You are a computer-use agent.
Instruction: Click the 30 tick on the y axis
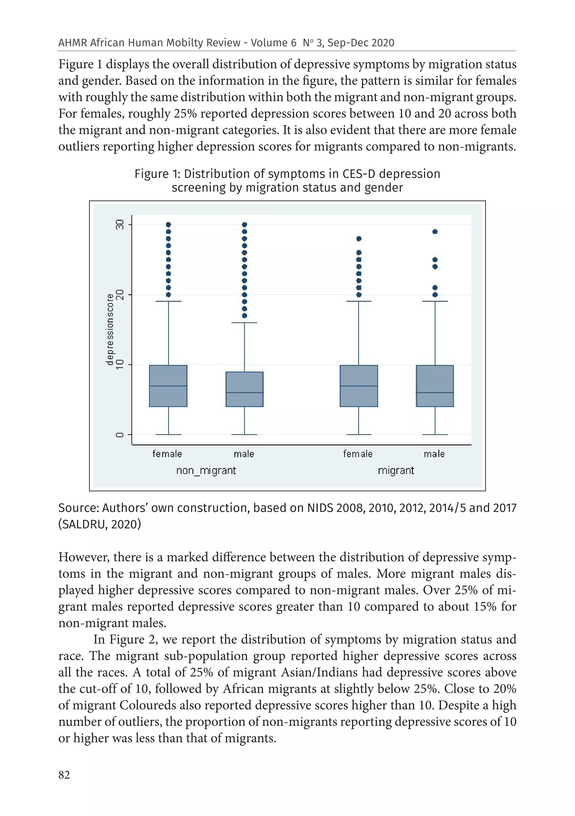tap(120, 225)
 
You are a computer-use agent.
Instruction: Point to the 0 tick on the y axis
tap(120, 434)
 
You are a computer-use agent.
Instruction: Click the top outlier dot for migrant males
tap(435, 232)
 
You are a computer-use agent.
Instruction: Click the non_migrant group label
tap(206, 471)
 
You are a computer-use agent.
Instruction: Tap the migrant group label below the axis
tap(396, 471)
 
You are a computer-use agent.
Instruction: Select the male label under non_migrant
tap(244, 454)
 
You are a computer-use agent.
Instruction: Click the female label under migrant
tap(357, 454)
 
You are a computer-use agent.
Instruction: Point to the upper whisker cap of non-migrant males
tap(245, 323)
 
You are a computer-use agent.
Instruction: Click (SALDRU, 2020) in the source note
tap(99, 524)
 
